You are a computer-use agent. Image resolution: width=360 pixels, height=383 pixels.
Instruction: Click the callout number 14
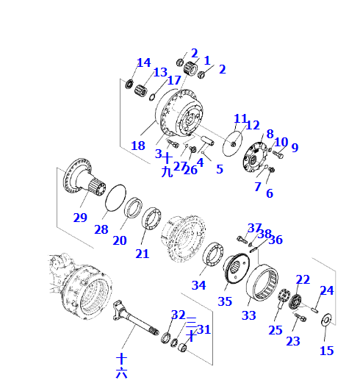[143, 62]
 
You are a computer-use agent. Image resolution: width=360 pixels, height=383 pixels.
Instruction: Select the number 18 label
[138, 146]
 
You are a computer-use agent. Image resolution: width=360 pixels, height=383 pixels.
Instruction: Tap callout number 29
[80, 217]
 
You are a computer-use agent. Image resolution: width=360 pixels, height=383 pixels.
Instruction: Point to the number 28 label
[101, 229]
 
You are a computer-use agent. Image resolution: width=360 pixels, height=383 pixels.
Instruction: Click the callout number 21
[142, 254]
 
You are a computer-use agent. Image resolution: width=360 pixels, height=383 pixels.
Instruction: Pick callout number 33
[249, 315]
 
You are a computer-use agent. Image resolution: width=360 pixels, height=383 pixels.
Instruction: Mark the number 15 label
[326, 351]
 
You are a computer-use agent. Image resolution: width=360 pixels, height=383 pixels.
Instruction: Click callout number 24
[326, 290]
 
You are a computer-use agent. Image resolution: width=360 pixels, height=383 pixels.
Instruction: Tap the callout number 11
[240, 118]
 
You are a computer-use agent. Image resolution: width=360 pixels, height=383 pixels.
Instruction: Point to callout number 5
[219, 168]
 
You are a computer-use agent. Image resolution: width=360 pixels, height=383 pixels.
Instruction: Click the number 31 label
[204, 329]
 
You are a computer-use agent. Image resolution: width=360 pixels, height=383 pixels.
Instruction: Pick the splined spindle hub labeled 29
[80, 181]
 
